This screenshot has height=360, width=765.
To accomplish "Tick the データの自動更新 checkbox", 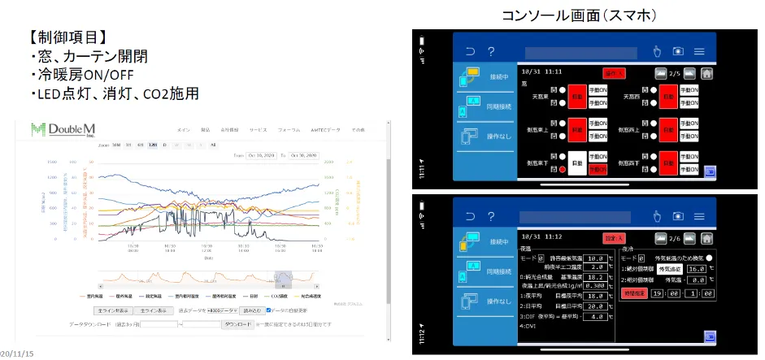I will tap(269, 310).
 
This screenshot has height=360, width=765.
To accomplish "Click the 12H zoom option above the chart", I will tap(152, 145).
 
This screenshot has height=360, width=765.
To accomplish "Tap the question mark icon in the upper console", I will tap(492, 51).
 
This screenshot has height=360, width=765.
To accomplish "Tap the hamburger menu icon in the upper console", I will tap(699, 51).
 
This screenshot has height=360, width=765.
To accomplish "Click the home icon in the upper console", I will tap(706, 73).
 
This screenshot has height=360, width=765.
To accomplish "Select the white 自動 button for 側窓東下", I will tap(576, 163).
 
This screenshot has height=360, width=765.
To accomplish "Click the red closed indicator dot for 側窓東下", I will tap(561, 170).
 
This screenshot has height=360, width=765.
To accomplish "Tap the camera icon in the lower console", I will tap(678, 215).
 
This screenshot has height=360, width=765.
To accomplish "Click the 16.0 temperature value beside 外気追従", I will tap(695, 267).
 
